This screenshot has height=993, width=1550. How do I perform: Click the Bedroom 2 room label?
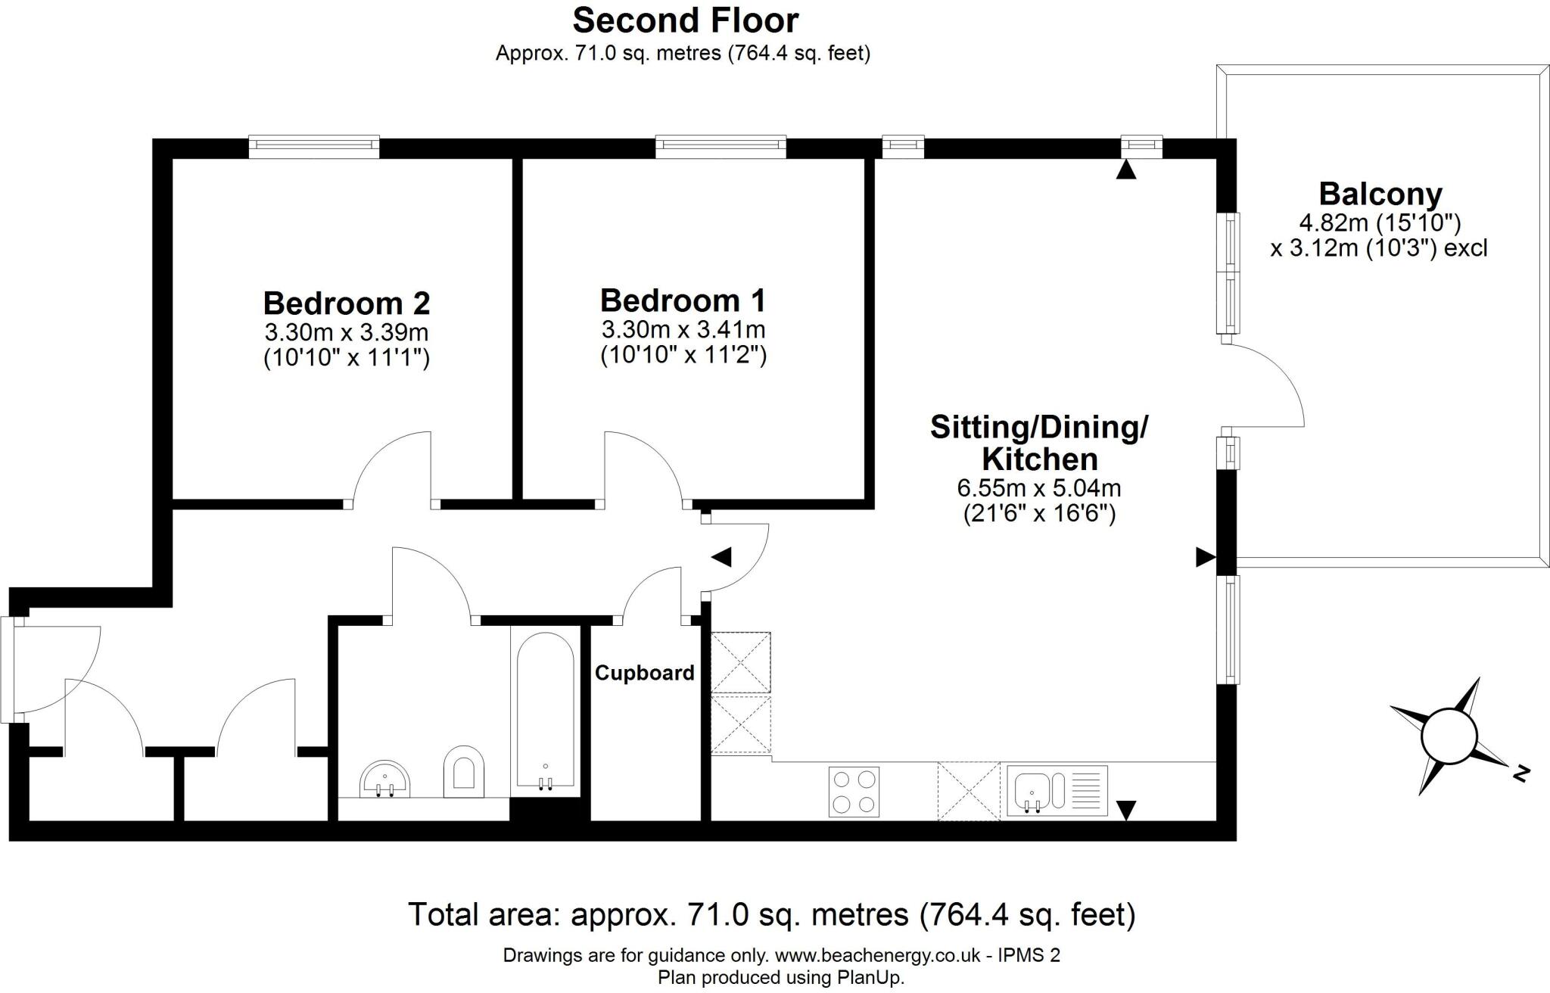347,304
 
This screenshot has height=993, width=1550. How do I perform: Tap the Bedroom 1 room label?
683,300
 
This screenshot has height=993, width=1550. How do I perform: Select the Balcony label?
1380,195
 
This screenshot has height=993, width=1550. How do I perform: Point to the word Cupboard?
644,673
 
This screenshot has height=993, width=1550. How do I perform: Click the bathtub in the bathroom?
545,711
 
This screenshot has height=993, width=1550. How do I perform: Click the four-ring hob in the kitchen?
854,792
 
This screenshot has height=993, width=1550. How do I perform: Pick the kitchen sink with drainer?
1057,791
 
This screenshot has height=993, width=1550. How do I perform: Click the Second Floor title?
686,20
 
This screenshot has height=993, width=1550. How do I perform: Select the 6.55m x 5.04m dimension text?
1039,488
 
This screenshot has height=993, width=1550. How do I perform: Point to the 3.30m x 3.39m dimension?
347,332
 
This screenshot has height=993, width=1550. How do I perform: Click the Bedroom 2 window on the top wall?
314,147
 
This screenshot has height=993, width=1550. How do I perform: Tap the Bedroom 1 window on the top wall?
721,147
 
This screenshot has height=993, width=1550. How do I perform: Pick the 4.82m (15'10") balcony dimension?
1380,223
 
